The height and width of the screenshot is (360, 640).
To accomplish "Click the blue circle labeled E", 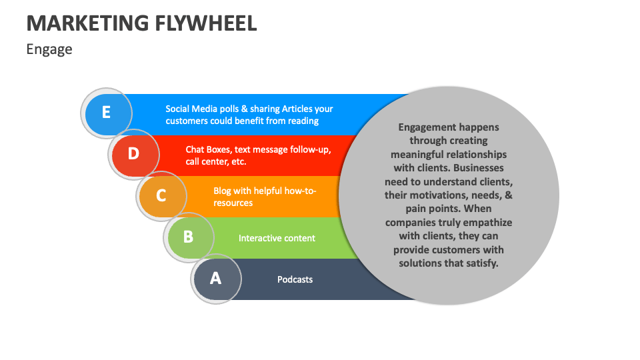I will [x=106, y=113].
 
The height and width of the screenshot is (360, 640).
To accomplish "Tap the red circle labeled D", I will [x=134, y=154].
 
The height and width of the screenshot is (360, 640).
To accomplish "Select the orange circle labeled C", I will [x=161, y=196].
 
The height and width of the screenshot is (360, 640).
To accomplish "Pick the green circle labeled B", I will [x=189, y=237].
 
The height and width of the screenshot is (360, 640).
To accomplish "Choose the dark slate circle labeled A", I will [x=215, y=278].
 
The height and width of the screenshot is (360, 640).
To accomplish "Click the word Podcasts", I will [x=295, y=279].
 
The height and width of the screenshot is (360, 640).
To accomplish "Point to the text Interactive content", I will [x=277, y=238].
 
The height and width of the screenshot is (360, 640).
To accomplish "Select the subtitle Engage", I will [x=49, y=49].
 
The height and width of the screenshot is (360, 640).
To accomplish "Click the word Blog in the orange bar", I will [x=222, y=191].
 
